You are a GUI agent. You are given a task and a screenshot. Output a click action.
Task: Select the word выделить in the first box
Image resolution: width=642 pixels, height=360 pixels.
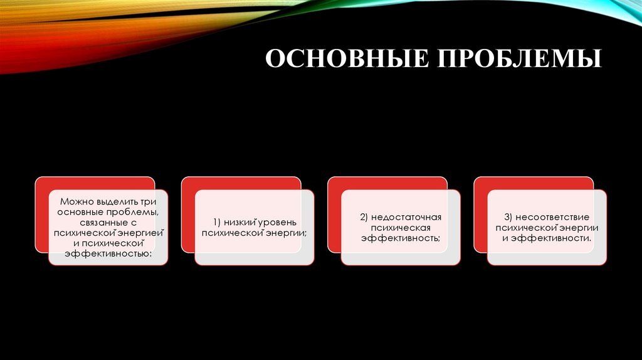pos(117,203)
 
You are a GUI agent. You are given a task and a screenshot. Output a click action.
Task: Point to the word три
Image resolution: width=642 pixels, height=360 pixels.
pos(149,203)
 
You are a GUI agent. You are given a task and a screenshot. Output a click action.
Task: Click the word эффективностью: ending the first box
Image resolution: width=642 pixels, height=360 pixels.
pos(108,253)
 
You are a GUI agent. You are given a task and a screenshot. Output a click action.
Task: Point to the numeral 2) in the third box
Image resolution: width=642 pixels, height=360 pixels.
pos(364,218)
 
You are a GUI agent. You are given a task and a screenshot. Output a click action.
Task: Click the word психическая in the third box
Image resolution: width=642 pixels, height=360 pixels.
pos(401,228)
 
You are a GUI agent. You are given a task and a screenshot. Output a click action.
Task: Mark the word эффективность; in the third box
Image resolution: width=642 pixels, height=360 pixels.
pos(401,238)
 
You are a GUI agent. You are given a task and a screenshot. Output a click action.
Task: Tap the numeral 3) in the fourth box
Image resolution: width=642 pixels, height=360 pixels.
pos(510,218)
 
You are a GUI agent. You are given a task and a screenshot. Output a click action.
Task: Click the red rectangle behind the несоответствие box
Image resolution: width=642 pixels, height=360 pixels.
pos(533,183)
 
